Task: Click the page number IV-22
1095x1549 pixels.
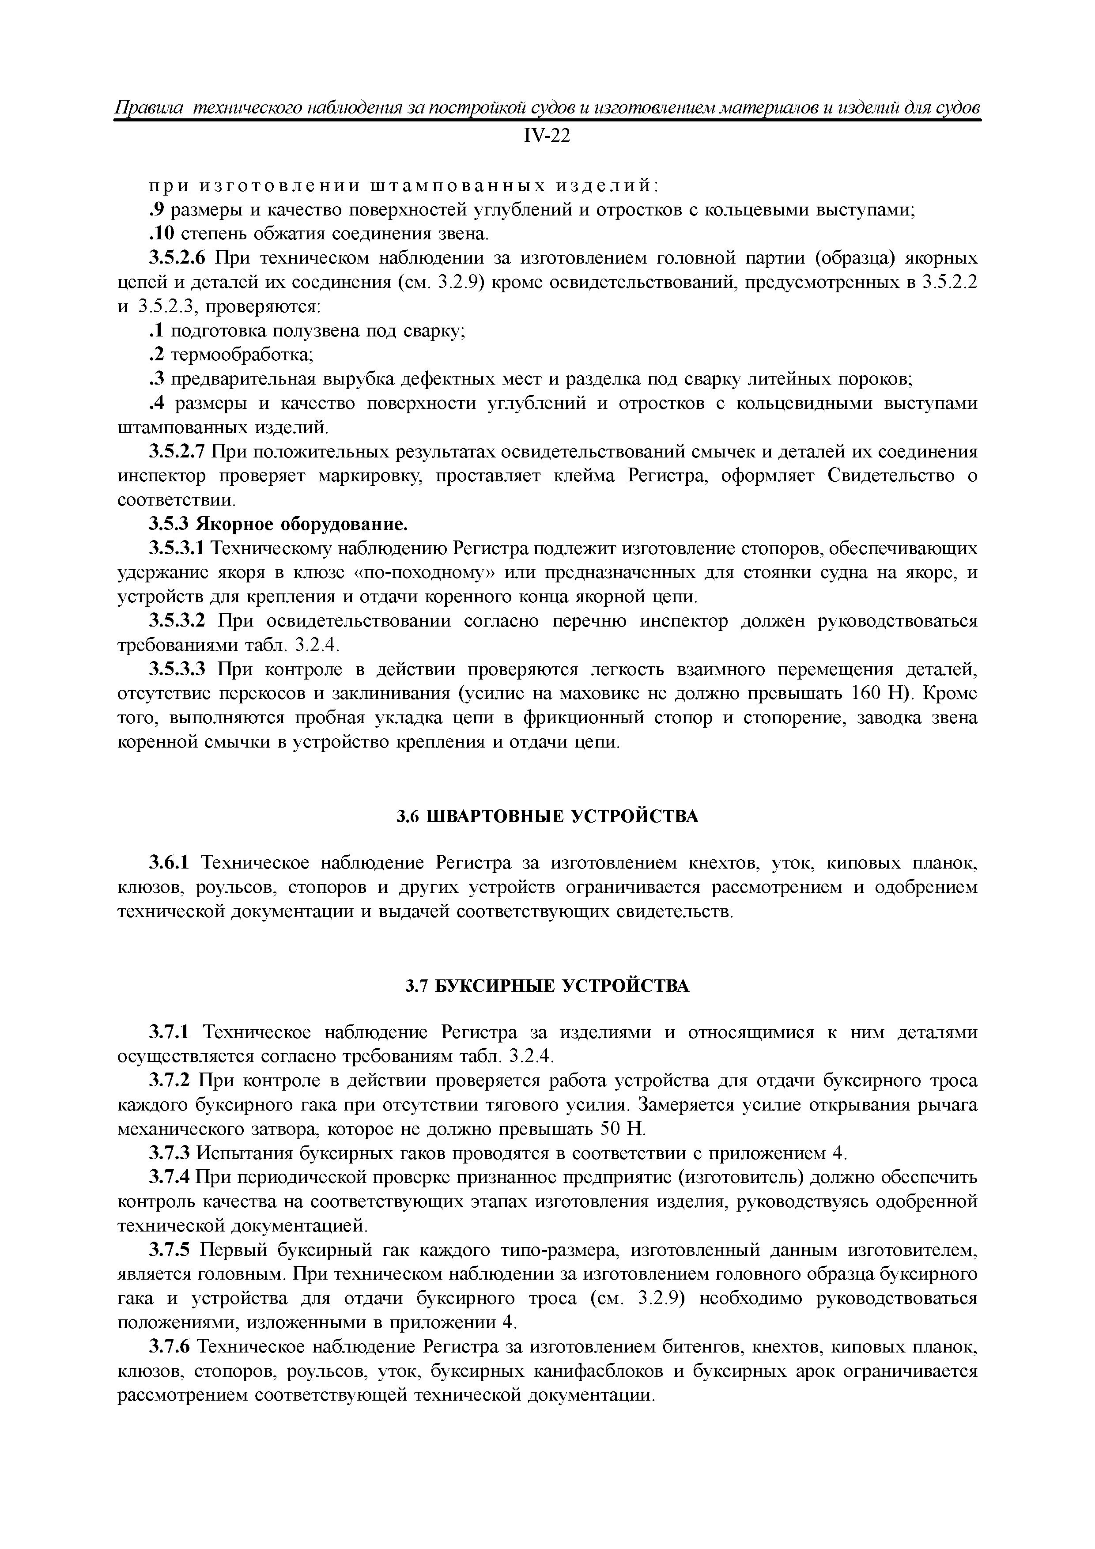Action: [x=547, y=136]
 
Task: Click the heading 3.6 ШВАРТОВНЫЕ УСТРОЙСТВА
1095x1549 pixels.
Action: [x=547, y=816]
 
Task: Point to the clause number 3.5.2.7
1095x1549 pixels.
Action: [x=178, y=451]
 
